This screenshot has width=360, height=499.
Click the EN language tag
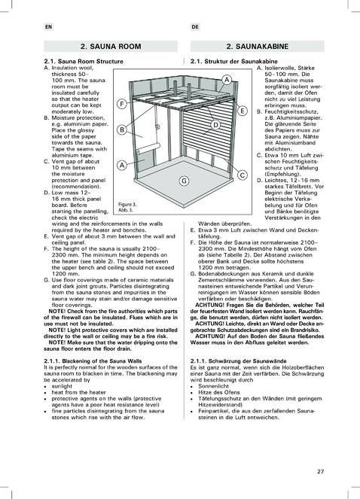click(48, 27)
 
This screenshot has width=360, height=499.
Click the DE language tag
click(195, 27)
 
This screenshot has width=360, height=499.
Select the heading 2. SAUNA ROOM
click(111, 47)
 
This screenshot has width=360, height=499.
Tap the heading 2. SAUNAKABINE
click(258, 47)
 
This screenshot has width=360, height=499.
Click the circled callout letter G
click(184, 181)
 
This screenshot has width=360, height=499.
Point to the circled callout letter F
click(122, 104)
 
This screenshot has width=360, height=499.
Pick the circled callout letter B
click(122, 130)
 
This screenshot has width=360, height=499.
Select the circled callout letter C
click(243, 175)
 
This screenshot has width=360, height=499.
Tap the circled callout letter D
click(215, 125)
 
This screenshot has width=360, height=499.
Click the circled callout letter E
click(243, 111)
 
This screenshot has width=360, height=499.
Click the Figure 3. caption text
click(127, 204)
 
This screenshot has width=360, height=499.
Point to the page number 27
click(320, 471)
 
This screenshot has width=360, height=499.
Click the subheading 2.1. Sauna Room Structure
click(84, 62)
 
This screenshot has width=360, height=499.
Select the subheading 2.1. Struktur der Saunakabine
click(233, 62)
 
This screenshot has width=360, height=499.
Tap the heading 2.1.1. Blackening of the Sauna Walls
click(93, 361)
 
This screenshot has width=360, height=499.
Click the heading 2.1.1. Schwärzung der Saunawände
click(238, 361)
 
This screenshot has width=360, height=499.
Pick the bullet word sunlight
click(62, 386)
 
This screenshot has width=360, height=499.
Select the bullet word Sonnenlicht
click(213, 386)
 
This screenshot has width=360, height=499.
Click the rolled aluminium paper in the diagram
click(148, 148)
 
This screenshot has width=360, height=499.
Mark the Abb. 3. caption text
click(125, 210)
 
